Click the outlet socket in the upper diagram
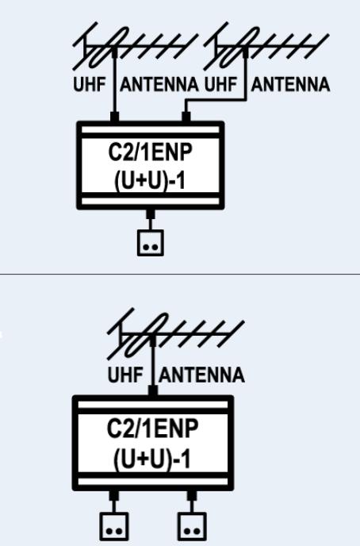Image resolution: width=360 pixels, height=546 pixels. pyautogui.click(x=150, y=243)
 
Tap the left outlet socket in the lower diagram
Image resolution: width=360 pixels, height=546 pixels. pyautogui.click(x=114, y=526)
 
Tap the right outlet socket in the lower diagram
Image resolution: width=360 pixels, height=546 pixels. pyautogui.click(x=192, y=526)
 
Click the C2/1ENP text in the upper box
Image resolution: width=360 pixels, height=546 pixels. pyautogui.click(x=150, y=152)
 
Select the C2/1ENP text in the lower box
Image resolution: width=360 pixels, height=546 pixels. pyautogui.click(x=153, y=429)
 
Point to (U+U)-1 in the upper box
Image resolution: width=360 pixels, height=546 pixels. pyautogui.click(x=150, y=181)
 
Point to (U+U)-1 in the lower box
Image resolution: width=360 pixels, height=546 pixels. pyautogui.click(x=152, y=459)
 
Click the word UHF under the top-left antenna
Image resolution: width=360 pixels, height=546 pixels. pyautogui.click(x=90, y=85)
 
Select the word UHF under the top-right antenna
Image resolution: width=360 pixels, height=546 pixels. pyautogui.click(x=220, y=85)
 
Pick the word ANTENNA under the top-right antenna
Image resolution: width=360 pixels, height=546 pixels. pyautogui.click(x=290, y=85)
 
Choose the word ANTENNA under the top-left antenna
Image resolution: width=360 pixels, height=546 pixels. pyautogui.click(x=159, y=85)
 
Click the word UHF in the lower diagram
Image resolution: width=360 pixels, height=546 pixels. pyautogui.click(x=125, y=375)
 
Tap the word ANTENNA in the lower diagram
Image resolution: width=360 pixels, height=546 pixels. pyautogui.click(x=201, y=375)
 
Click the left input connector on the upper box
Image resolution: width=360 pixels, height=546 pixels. pyautogui.click(x=114, y=117)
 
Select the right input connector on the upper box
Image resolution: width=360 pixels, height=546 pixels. pyautogui.click(x=186, y=117)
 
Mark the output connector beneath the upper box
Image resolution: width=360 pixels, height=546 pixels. pyautogui.click(x=150, y=213)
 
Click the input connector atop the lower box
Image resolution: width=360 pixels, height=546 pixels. pyautogui.click(x=153, y=390)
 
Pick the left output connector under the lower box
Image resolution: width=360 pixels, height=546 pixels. pyautogui.click(x=114, y=495)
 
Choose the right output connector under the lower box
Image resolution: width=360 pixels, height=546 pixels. pyautogui.click(x=192, y=495)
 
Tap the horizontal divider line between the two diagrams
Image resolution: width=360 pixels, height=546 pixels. pyautogui.click(x=180, y=274)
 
